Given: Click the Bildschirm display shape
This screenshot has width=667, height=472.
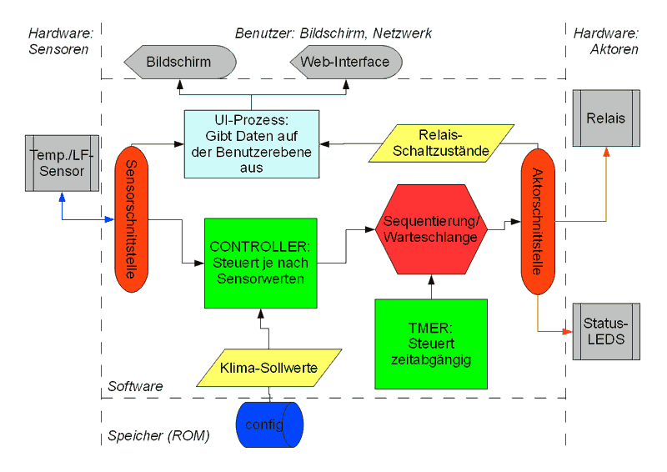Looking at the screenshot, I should (x=178, y=62).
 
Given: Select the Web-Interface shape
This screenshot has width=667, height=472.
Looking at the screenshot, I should (x=345, y=62).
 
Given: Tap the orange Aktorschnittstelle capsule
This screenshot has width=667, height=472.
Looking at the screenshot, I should (x=536, y=221).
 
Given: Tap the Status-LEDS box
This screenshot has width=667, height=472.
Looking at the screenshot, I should (x=605, y=332).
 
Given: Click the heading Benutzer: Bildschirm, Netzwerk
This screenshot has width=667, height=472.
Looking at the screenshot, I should (x=333, y=33).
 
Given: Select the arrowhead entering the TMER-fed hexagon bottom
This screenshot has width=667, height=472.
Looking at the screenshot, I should (x=431, y=277).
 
